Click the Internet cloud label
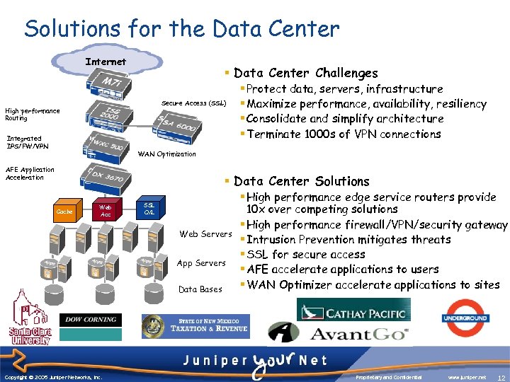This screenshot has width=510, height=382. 106,62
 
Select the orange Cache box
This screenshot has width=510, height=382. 64,211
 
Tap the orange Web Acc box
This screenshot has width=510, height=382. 106,211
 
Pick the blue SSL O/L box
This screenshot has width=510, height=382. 149,208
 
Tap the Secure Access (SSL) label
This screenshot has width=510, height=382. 193,103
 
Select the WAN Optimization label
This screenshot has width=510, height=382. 166,154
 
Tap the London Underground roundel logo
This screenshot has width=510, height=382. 465,318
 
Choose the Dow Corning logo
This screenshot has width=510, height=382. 91,320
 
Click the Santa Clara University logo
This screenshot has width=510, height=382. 30,320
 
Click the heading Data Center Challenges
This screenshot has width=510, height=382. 305,73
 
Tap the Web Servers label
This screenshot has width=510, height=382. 205,234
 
